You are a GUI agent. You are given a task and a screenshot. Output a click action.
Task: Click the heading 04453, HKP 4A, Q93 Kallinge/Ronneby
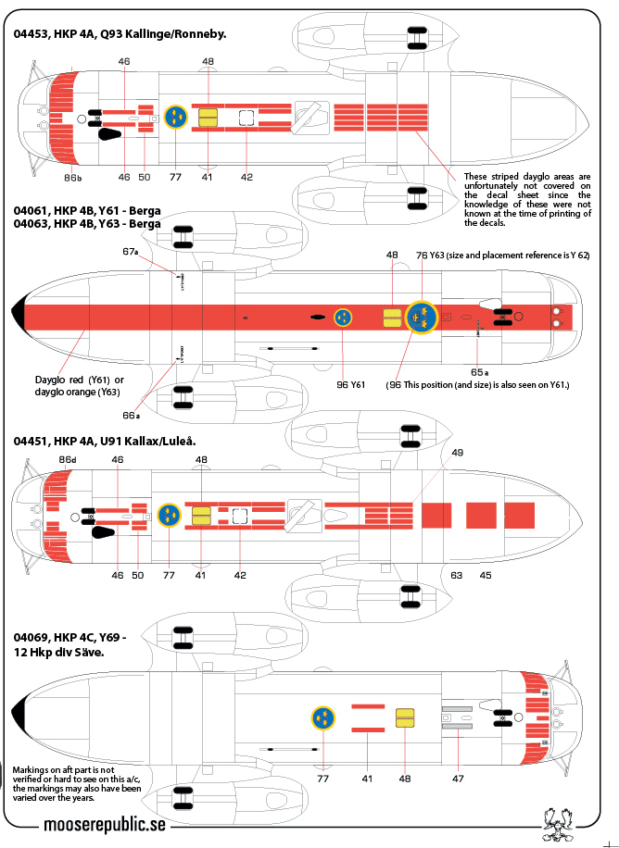(x=120, y=34)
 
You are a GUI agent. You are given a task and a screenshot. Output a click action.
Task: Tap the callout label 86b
(x=73, y=177)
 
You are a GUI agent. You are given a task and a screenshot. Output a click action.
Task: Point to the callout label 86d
(x=67, y=459)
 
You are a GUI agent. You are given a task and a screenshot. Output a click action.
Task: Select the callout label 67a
(x=130, y=252)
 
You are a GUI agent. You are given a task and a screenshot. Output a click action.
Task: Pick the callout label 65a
(x=479, y=371)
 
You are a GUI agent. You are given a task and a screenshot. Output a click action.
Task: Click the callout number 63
(x=456, y=575)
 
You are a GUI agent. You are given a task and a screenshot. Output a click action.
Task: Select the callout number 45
(x=485, y=575)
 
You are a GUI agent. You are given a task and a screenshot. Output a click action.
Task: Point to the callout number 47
(x=458, y=779)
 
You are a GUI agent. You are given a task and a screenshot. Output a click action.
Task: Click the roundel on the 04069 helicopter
(x=323, y=717)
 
